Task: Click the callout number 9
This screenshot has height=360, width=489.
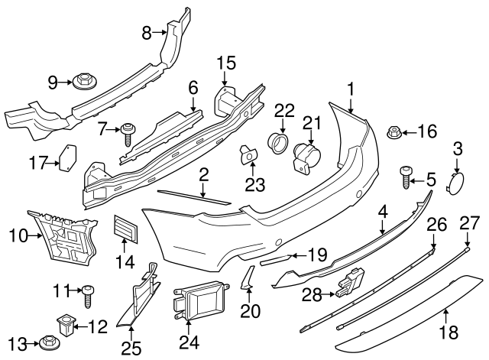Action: click(x=53, y=80)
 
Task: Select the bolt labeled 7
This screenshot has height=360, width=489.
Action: click(x=127, y=135)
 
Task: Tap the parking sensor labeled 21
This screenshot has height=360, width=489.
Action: click(x=306, y=157)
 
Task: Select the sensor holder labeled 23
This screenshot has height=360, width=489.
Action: click(x=248, y=154)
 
